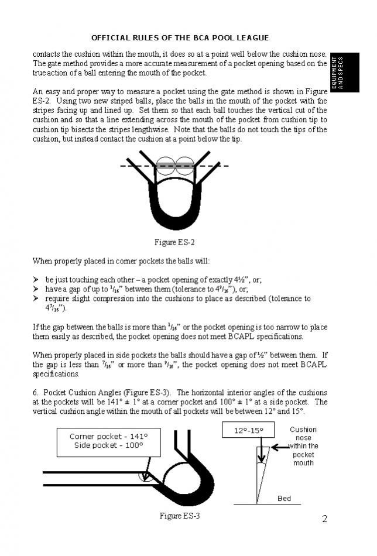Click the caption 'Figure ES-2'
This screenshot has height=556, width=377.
(174, 242)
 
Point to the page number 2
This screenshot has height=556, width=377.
(324, 519)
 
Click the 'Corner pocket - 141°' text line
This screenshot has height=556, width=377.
(108, 437)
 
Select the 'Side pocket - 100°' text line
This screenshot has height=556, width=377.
(108, 445)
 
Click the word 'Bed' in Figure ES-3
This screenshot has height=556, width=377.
(284, 499)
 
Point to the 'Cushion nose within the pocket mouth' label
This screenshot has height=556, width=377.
(303, 446)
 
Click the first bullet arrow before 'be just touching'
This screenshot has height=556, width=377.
(36, 280)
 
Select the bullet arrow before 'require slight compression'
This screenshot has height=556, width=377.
(36, 298)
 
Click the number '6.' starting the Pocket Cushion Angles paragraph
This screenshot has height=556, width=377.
(36, 392)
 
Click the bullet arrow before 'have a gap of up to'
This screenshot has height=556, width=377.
(36, 289)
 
